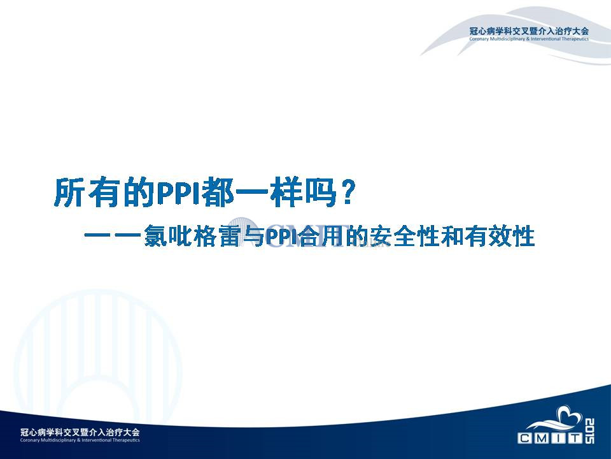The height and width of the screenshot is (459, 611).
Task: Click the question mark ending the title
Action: pos(346,192)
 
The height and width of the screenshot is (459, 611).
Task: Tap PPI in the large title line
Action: pos(179,193)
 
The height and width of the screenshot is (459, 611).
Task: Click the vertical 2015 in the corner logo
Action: pos(589,431)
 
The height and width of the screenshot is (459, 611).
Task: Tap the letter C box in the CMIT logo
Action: pos(524,439)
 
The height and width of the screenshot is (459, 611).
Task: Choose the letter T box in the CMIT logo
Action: pos(575,439)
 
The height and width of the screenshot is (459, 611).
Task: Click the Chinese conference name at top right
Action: pos(529,31)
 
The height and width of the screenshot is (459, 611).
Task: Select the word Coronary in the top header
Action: pos(479,39)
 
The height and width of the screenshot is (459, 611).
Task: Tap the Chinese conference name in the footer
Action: pos(80,432)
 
